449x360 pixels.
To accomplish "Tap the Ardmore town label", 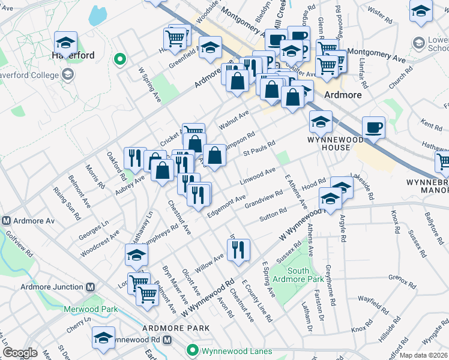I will coord(342,95).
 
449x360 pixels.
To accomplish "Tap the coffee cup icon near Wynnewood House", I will coord(373,127).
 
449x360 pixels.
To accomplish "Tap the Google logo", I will coord(20,353).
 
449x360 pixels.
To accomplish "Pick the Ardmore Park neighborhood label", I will coord(176,328).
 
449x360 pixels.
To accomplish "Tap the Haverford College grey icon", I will coord(68,74).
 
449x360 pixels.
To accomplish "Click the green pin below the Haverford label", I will coord(120,59).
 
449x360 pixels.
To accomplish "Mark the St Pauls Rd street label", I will coord(259,146).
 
